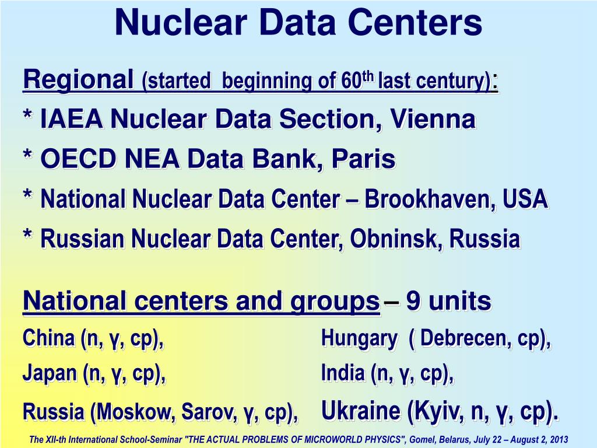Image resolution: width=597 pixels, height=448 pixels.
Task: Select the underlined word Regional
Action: [78, 80]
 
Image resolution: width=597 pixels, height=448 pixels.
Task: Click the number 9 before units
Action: [413, 302]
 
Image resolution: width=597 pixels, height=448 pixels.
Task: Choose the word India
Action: [343, 373]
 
